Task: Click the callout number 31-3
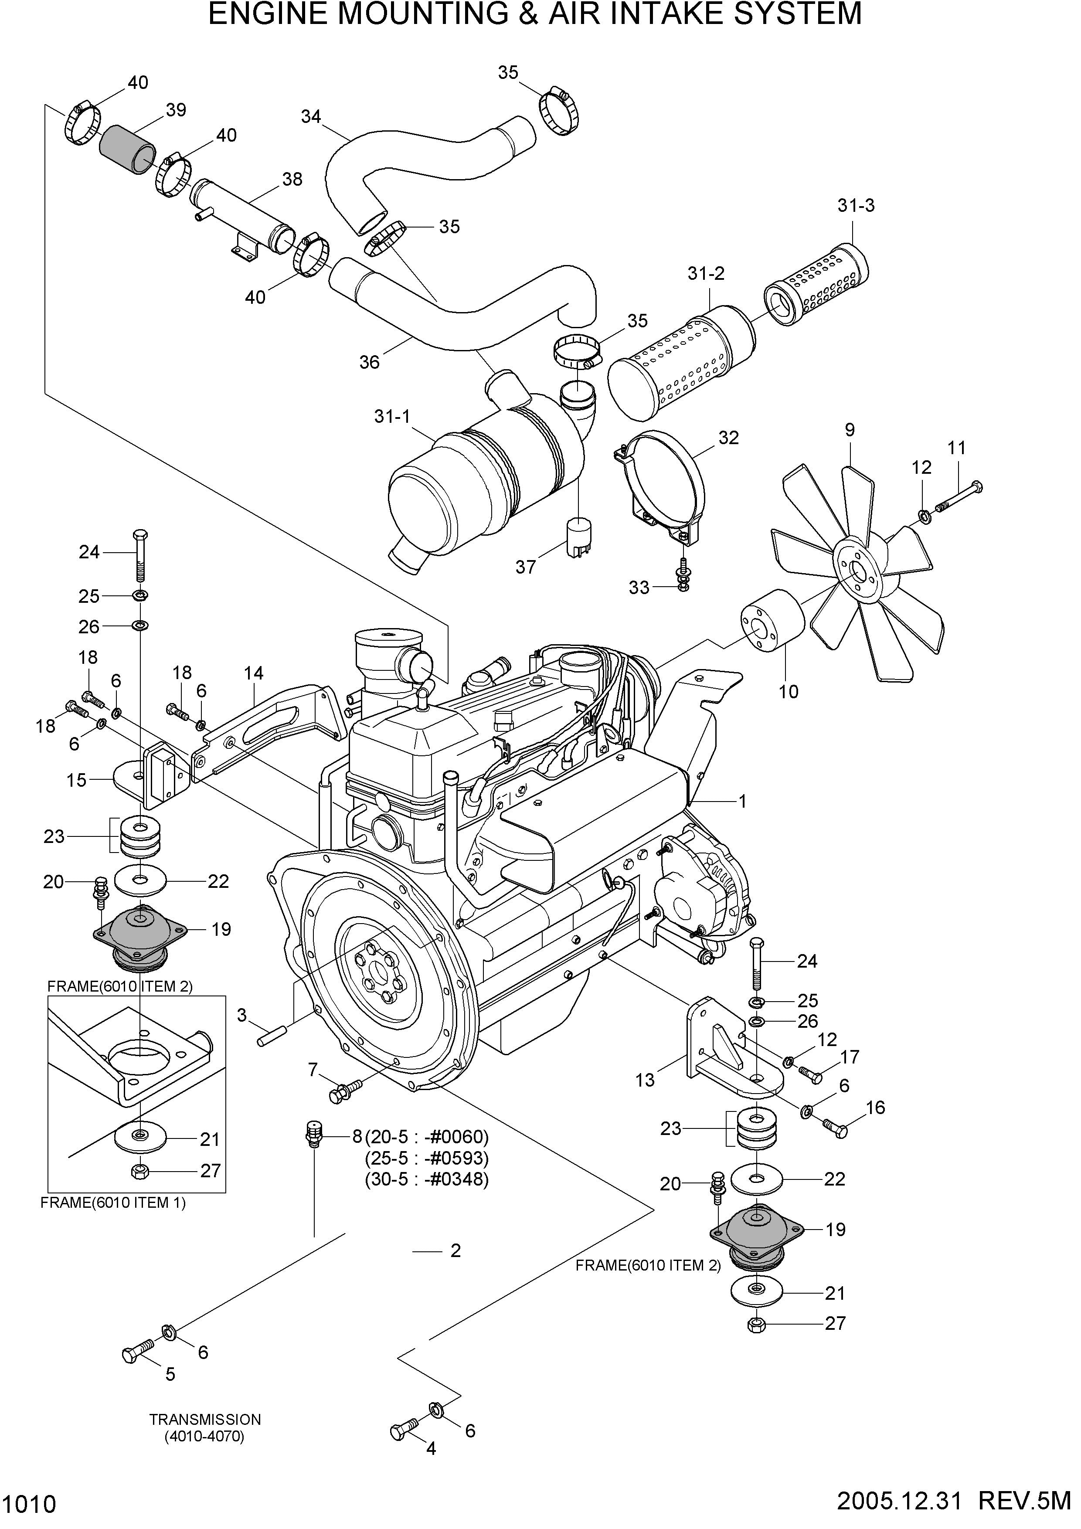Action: pos(856,206)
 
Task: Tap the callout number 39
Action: pos(176,110)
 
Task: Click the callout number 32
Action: pos(729,438)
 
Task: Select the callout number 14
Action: pos(254,673)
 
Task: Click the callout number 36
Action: pos(369,362)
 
